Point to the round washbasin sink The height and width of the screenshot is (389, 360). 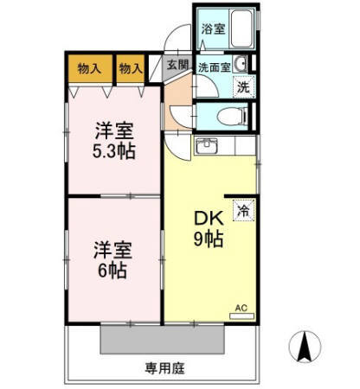[248, 63]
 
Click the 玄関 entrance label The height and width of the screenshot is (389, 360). [177, 66]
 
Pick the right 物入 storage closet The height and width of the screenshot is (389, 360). [131, 67]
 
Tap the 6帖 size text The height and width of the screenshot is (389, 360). [112, 270]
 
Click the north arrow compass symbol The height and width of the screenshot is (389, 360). [305, 348]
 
